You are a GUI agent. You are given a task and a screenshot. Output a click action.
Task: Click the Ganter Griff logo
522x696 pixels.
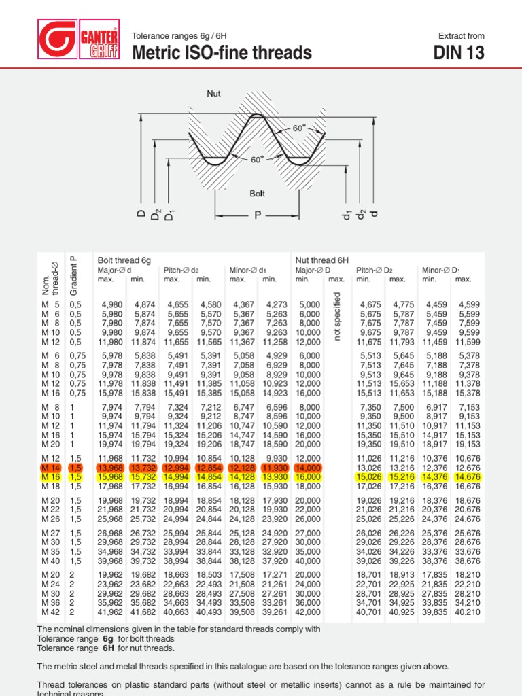pos(79,39)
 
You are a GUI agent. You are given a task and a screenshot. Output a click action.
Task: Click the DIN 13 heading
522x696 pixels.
pos(459,52)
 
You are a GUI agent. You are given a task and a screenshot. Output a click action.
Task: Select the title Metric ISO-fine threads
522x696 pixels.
pos(222,52)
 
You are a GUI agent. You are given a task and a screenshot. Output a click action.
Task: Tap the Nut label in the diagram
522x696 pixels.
pos(215,92)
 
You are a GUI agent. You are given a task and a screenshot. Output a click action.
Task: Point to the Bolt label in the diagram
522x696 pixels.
pos(257,194)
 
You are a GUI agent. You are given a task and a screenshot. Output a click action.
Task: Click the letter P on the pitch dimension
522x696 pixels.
pos(258,215)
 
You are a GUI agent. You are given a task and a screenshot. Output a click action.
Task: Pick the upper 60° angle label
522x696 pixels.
pos(299,128)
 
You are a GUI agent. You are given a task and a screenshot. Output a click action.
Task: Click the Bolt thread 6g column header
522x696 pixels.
pos(124,260)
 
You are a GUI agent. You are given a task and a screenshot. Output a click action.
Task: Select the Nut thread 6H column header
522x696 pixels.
pos(321,260)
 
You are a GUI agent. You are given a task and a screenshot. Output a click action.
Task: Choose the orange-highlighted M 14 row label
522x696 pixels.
pos(52,468)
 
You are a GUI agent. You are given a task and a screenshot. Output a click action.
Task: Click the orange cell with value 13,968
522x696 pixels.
pos(111,468)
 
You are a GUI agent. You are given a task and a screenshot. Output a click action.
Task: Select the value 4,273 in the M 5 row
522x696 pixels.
pos(274,304)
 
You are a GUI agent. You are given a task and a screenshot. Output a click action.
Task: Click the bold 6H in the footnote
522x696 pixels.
pos(107,648)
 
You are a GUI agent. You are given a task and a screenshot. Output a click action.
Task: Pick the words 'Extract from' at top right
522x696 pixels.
pos(462,35)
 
